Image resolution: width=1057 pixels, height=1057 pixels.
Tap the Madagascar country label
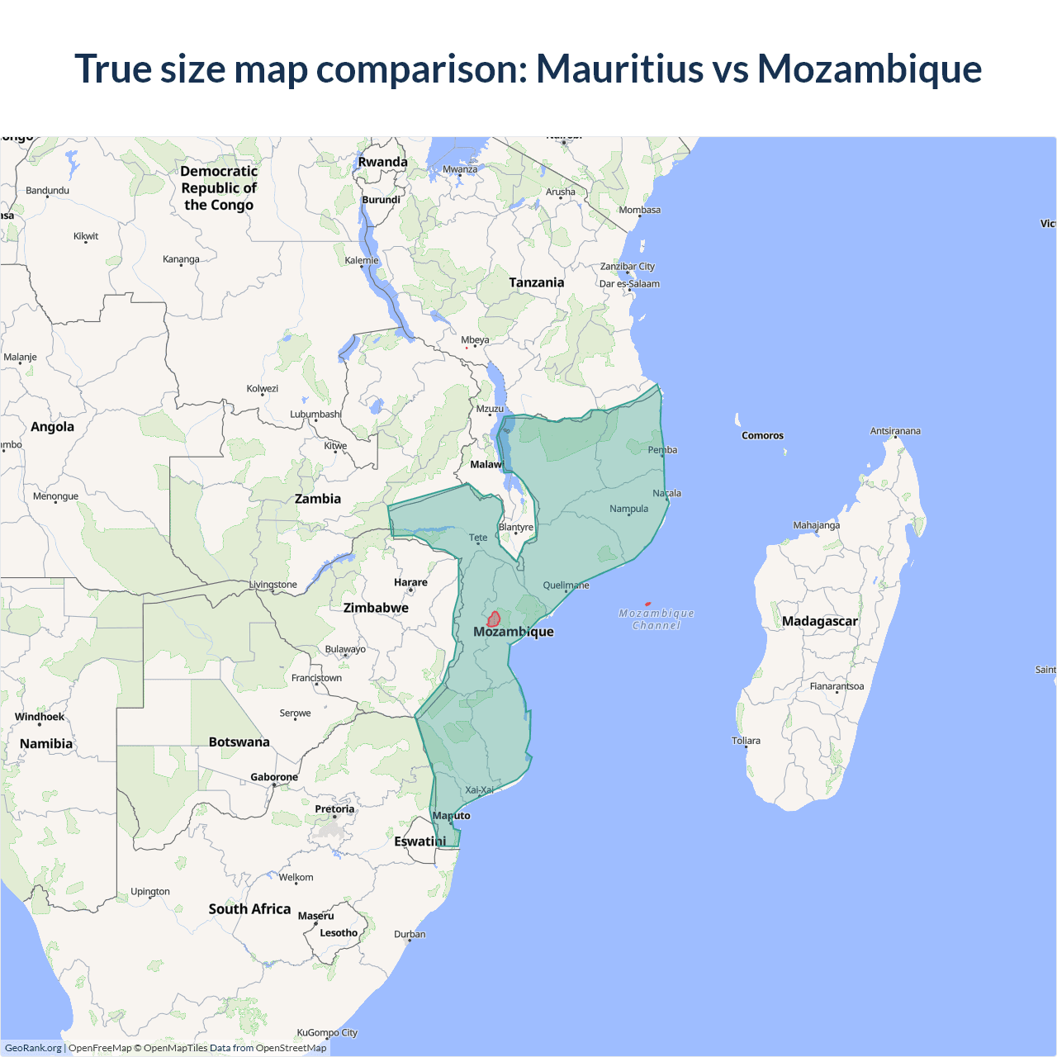(x=819, y=621)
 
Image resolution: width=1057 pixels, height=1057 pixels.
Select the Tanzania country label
(x=537, y=282)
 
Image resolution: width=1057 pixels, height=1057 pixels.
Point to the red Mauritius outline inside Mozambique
(x=494, y=619)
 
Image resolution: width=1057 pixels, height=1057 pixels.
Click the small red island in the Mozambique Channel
(x=647, y=604)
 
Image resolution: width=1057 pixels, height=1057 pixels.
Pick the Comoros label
(x=762, y=435)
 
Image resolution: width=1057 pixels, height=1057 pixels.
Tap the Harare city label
(x=410, y=582)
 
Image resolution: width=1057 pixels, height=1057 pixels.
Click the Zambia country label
(x=318, y=499)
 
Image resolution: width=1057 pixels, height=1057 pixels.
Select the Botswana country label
(x=239, y=742)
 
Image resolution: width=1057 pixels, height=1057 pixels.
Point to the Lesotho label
(x=339, y=933)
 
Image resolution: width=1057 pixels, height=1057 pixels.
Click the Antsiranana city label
(x=895, y=431)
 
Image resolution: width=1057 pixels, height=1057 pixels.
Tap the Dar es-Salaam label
(x=629, y=284)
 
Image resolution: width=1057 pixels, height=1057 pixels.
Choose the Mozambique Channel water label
(x=656, y=619)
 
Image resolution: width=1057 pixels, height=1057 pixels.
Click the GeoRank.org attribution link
(x=33, y=1048)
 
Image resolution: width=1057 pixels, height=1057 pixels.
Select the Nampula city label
(x=628, y=509)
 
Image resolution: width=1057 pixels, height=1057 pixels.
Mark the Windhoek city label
(x=40, y=717)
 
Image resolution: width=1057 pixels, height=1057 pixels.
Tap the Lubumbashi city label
(x=315, y=415)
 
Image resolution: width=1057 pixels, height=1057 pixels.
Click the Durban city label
(x=410, y=935)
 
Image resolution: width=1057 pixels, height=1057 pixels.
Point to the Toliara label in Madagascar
(x=746, y=741)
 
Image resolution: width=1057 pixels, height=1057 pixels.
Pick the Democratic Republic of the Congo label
(x=219, y=188)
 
